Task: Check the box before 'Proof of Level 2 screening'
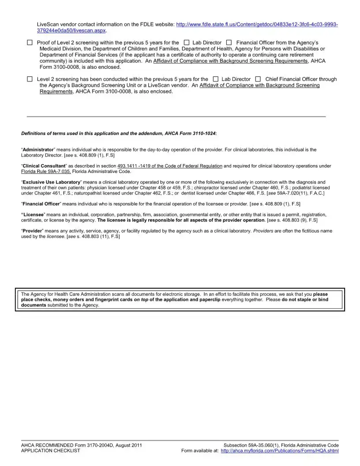(30, 43)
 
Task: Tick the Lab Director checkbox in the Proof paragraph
(186, 43)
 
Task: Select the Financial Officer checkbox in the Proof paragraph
(229, 43)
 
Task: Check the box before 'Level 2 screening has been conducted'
(30, 79)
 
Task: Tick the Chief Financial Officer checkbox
(258, 79)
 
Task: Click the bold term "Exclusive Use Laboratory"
(51, 182)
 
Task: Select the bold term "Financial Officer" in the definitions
(41, 204)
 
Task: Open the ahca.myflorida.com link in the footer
(279, 451)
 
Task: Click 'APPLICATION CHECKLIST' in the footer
(51, 451)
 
